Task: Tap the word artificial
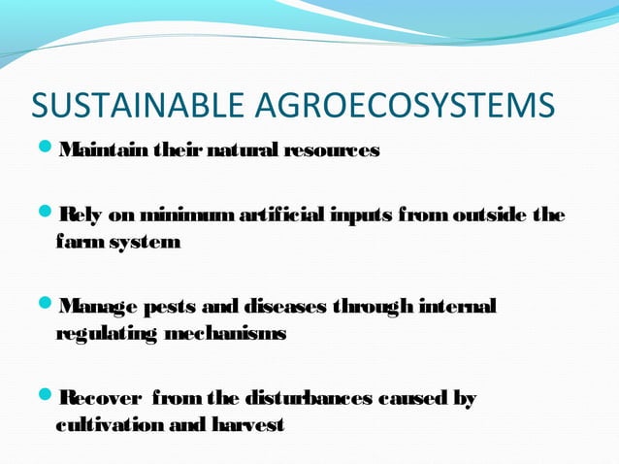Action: point(283,215)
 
